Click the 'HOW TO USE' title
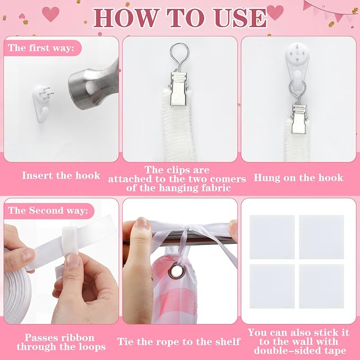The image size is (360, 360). [x=180, y=18]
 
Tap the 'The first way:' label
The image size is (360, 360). [x=41, y=48]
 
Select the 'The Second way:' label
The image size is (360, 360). [x=48, y=210]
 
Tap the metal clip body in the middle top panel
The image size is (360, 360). [x=179, y=90]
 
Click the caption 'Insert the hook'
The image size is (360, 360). [x=61, y=175]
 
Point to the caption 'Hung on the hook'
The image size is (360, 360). [x=298, y=178]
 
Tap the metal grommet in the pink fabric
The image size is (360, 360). [x=177, y=271]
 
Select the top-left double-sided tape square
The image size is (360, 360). [x=272, y=237]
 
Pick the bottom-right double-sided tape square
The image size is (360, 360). [x=321, y=286]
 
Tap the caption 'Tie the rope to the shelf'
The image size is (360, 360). [x=179, y=341]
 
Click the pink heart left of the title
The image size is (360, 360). [x=50, y=14]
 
